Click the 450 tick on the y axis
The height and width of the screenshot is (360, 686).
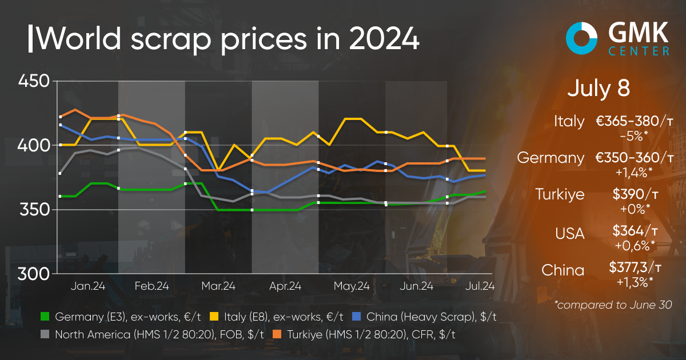click(x=35, y=81)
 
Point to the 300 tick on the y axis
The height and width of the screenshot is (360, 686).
click(x=35, y=274)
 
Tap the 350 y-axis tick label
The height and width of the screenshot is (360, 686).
click(x=35, y=210)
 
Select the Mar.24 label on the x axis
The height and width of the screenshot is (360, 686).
click(x=218, y=286)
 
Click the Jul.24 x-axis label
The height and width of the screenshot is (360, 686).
click(x=480, y=286)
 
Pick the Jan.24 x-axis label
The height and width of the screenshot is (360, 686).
click(x=88, y=286)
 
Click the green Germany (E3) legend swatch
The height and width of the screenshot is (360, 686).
click(x=45, y=317)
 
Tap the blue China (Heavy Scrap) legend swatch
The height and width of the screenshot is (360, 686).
click(x=355, y=317)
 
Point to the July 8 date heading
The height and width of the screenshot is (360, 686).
click(x=599, y=89)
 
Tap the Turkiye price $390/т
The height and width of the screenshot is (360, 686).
click(x=635, y=194)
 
